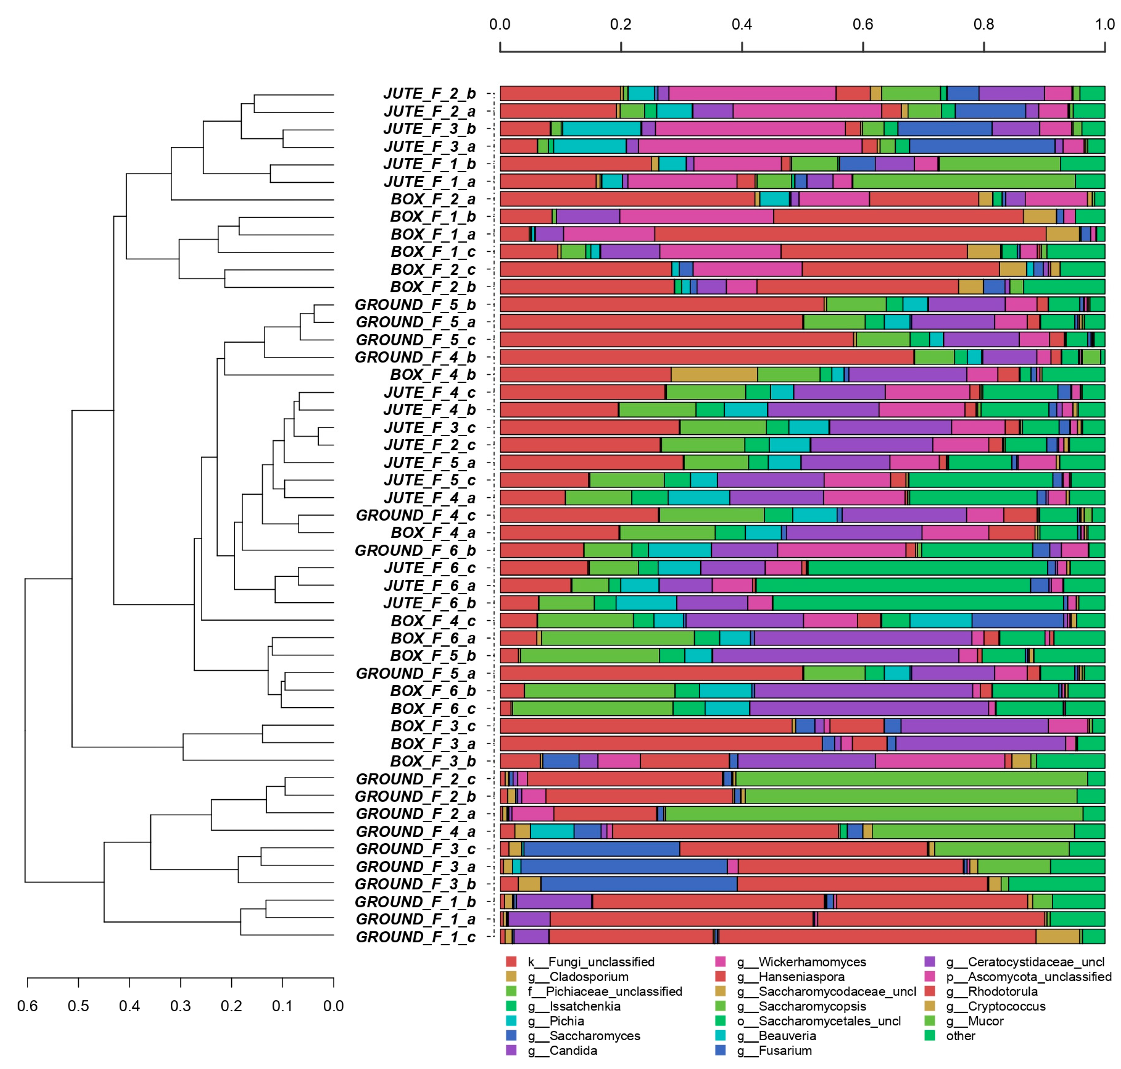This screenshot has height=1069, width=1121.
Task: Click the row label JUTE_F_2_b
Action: (x=429, y=93)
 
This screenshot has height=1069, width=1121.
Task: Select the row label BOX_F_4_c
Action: (x=433, y=621)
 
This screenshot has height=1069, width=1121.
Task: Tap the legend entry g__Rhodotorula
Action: (x=1003, y=992)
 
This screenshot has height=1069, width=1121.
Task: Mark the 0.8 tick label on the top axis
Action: (x=984, y=24)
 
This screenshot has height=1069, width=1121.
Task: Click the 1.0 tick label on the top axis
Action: (x=1105, y=24)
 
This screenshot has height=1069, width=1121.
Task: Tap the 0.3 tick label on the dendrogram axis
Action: (x=181, y=1005)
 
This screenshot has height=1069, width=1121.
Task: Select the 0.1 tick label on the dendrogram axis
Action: (x=282, y=1005)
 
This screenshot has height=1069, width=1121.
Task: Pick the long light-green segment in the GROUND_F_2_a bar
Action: (x=874, y=814)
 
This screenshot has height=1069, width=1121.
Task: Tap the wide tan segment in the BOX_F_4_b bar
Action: (x=714, y=375)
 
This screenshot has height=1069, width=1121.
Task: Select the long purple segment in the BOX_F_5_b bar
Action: (x=835, y=655)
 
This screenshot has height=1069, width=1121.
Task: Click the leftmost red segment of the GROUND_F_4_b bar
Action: (x=706, y=357)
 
